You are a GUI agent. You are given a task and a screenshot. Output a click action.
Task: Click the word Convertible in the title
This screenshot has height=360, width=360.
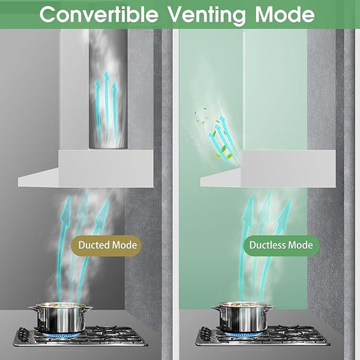click(x=99, y=14)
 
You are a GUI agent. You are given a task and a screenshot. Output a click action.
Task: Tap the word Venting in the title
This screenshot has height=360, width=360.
click(x=206, y=15)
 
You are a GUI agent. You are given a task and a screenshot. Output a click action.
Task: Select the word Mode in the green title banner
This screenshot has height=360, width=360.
click(x=284, y=14)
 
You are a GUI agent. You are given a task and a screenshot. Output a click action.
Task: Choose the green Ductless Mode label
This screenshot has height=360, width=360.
click(x=281, y=245)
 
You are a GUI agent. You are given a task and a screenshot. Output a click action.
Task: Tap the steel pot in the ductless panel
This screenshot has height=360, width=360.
click(x=243, y=317)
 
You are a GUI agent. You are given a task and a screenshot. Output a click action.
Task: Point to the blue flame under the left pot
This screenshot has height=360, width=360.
click(x=61, y=334)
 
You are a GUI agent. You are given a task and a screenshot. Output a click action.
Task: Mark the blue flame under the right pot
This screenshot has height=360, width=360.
click(x=244, y=334)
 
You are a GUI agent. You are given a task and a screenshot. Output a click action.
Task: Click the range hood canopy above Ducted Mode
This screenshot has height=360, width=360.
click(x=86, y=169)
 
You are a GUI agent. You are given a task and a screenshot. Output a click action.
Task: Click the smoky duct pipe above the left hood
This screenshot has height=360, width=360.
click(x=108, y=89)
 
